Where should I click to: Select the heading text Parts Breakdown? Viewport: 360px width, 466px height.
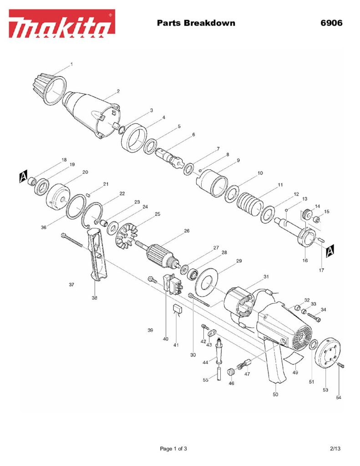196,23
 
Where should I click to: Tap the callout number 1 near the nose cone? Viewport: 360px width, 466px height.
71,65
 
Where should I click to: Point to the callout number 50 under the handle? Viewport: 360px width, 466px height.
275,395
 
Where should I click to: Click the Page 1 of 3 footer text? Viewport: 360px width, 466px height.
173,449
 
